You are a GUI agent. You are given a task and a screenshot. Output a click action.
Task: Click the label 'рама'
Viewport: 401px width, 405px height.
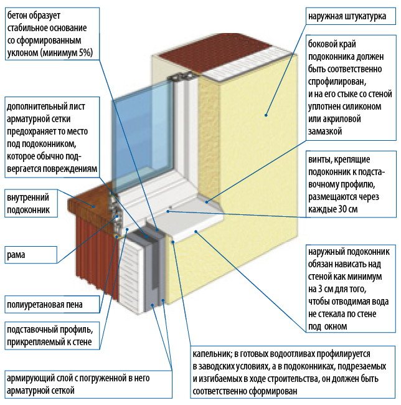click(x=17, y=255)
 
